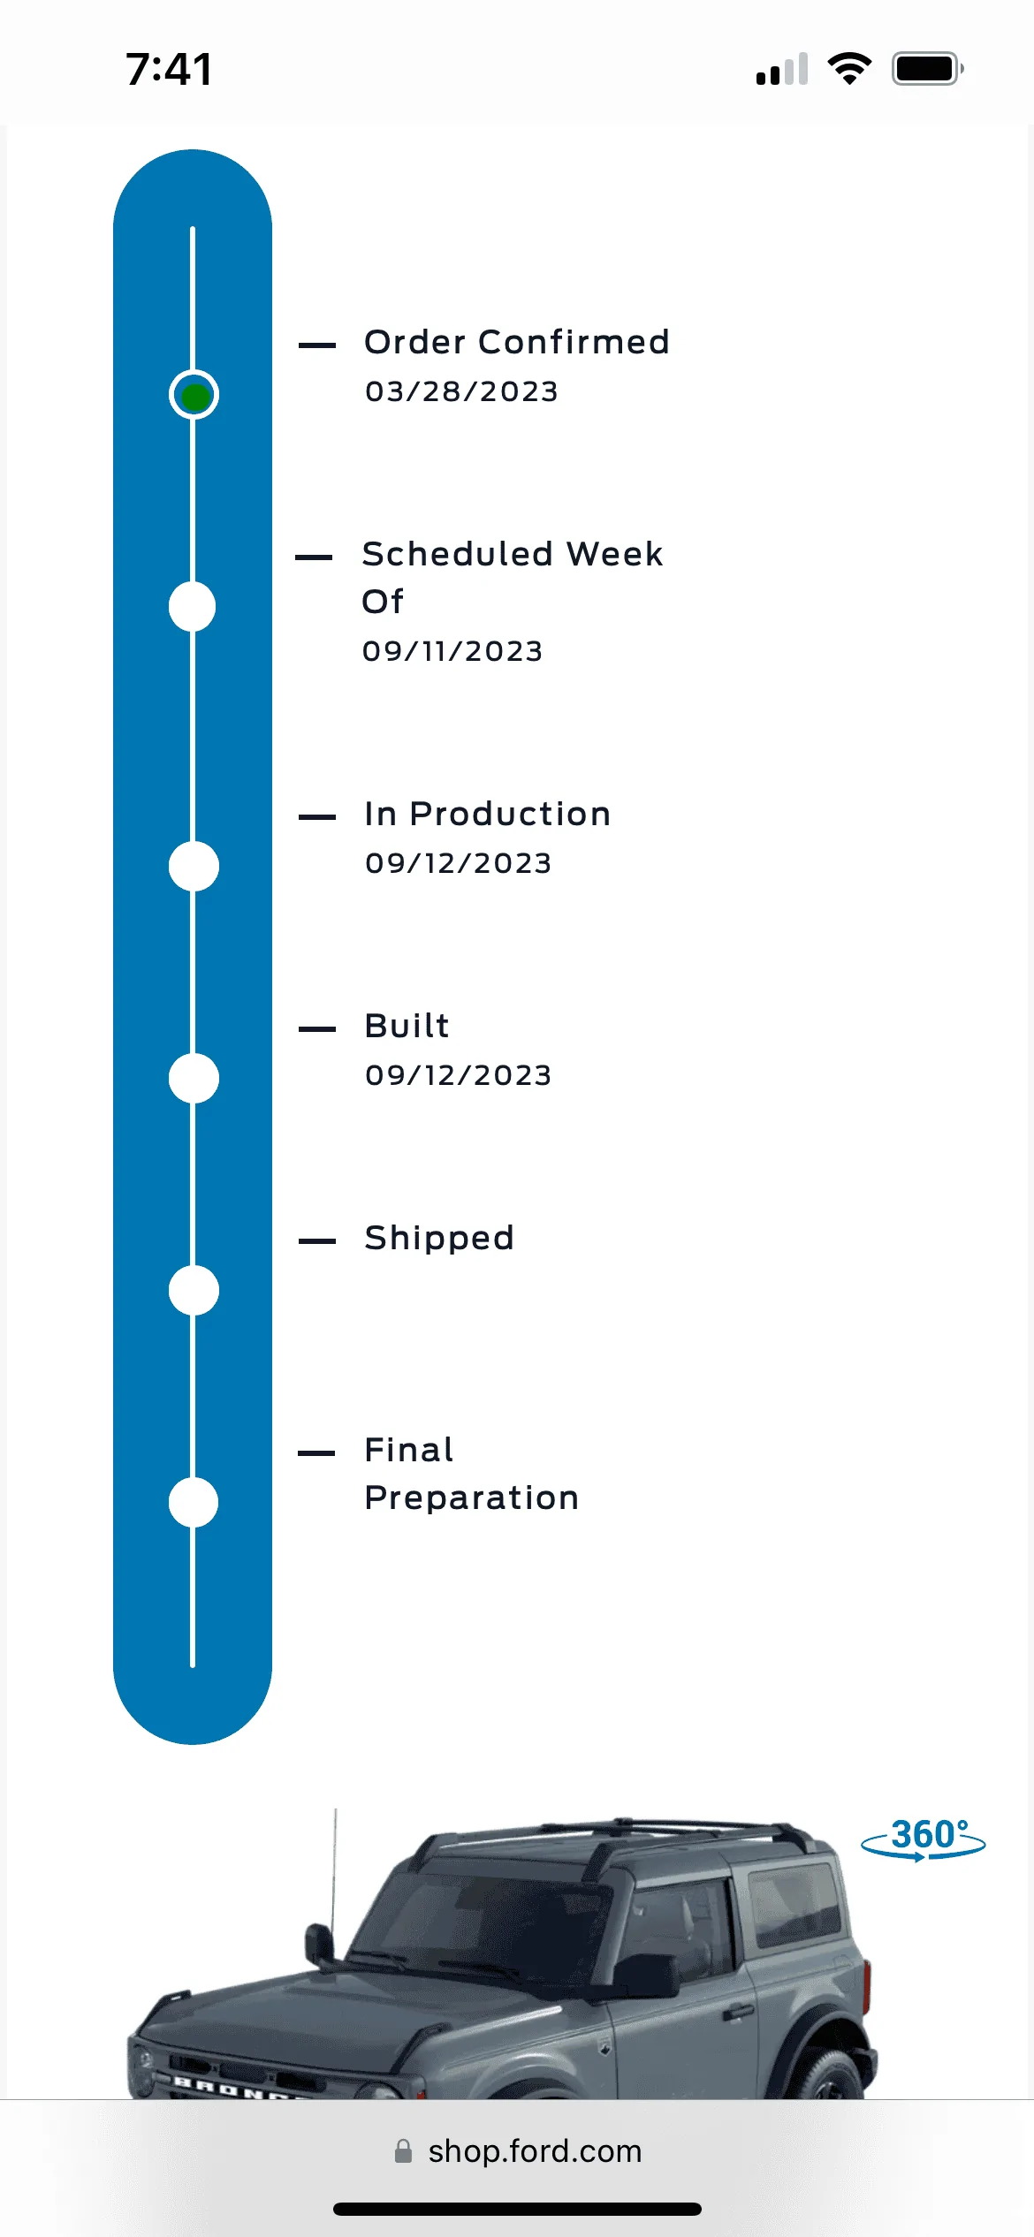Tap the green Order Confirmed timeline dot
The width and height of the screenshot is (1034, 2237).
[194, 395]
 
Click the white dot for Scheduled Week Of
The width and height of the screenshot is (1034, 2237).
[192, 607]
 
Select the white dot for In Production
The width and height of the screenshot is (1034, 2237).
[194, 867]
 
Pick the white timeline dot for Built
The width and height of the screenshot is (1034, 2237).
[194, 1079]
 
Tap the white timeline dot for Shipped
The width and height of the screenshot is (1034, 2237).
[194, 1291]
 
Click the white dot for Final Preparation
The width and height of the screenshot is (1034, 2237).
[194, 1503]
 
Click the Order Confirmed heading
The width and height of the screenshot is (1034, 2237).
[517, 343]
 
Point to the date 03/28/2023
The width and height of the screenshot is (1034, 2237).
[461, 391]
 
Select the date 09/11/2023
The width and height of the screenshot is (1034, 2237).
[452, 651]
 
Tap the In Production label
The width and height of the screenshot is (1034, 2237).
[488, 815]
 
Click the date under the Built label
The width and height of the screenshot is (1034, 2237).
[458, 1075]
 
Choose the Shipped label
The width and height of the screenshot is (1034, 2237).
[439, 1239]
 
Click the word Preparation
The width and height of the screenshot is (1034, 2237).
[472, 1499]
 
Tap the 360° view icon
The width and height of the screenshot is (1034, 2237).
[924, 1839]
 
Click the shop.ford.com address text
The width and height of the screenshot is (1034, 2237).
[535, 2151]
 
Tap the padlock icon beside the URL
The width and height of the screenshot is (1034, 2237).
[403, 2151]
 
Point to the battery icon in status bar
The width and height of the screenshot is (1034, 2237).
[927, 69]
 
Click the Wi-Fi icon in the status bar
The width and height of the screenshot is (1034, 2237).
[849, 69]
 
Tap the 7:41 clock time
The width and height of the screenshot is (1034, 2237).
[169, 69]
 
